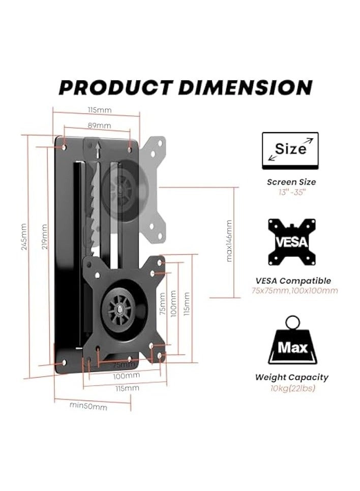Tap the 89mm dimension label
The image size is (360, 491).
100,126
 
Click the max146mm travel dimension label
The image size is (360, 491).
229,240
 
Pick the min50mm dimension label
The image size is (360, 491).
88,407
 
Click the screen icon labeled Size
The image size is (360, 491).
290,150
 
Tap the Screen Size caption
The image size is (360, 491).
291,181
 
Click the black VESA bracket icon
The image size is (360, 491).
291,241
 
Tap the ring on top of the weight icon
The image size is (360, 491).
292,322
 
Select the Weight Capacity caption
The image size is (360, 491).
291,377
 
